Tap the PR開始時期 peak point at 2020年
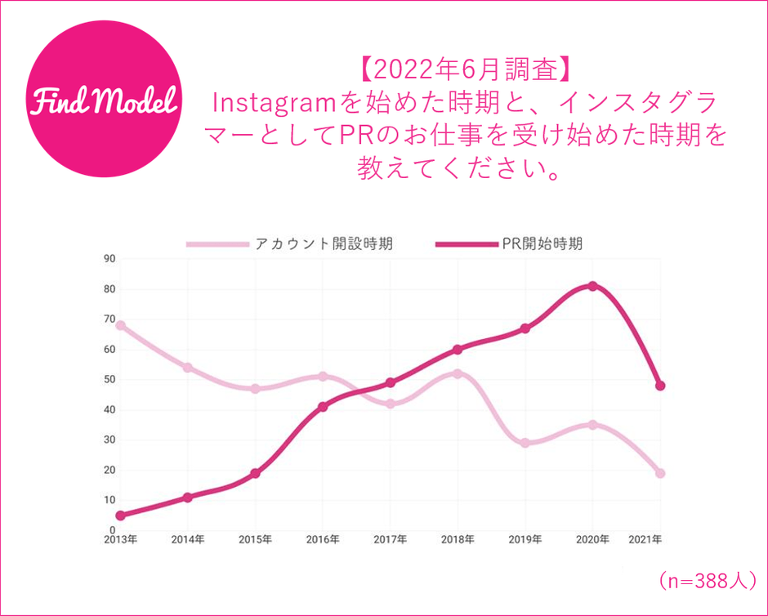(x=592, y=286)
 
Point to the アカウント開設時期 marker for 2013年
(x=120, y=325)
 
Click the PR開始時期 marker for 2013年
(x=120, y=516)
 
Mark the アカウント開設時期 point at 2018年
(x=458, y=373)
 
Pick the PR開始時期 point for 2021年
(x=660, y=386)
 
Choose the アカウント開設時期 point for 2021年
(x=660, y=473)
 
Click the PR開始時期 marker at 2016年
(x=323, y=407)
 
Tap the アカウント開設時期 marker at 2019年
(x=525, y=443)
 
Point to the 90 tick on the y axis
(x=109, y=259)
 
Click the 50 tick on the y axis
(x=109, y=380)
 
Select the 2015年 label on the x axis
(x=255, y=540)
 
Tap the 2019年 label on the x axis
(x=525, y=540)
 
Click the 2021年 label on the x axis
(x=645, y=540)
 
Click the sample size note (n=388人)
(x=708, y=581)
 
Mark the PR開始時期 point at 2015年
(x=255, y=473)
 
